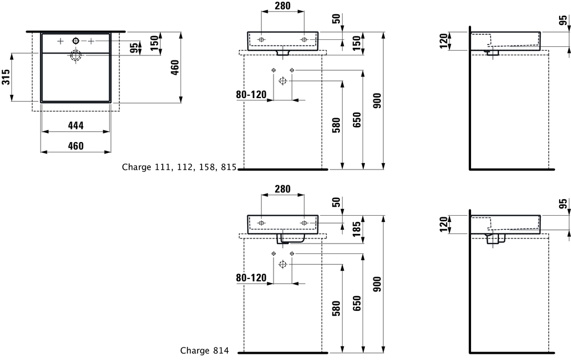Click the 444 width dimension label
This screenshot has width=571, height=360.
click(x=76, y=126)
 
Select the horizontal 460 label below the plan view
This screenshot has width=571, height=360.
click(x=76, y=146)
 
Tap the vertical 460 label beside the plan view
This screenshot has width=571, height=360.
click(x=175, y=68)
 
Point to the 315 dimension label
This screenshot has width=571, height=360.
click(x=6, y=77)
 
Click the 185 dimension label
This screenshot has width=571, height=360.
click(x=357, y=229)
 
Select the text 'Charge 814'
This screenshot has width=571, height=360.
click(x=204, y=350)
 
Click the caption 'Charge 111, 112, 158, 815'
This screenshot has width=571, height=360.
click(x=179, y=167)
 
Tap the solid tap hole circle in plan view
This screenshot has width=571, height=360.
click(x=76, y=41)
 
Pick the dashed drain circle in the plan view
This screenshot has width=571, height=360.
click(x=76, y=56)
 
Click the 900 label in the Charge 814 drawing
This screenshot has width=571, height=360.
click(x=377, y=284)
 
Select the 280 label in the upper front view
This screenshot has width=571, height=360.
click(x=283, y=6)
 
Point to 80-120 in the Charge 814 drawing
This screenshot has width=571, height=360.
click(x=251, y=278)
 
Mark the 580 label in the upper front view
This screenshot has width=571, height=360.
click(x=336, y=125)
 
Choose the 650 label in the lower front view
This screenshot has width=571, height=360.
click(x=357, y=303)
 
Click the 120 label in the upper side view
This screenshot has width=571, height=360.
click(x=443, y=41)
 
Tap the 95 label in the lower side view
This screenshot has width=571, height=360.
click(x=563, y=204)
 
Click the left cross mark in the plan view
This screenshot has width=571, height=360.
click(x=61, y=42)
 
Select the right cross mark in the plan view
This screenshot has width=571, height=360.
click(x=91, y=42)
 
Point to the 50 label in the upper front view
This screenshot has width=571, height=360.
click(x=336, y=19)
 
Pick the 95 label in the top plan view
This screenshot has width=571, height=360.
click(x=134, y=48)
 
